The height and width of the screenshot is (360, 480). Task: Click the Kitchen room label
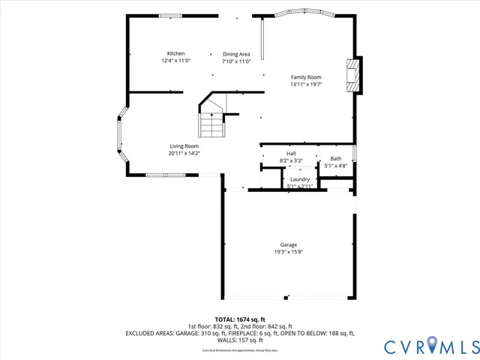[176, 53]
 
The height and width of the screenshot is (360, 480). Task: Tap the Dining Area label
[236, 54]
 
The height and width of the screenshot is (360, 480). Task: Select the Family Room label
[306, 77]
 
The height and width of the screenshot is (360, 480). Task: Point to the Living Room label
[184, 145]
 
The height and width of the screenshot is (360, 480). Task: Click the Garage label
[289, 244]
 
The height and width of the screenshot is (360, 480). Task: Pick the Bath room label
[335, 158]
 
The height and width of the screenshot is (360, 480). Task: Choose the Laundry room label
[299, 179]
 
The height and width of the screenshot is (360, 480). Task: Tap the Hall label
[291, 153]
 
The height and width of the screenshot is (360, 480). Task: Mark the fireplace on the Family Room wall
[352, 75]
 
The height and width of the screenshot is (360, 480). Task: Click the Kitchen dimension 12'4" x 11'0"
[176, 61]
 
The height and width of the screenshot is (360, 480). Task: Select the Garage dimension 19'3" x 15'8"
[289, 252]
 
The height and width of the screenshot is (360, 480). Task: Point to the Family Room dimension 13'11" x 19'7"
[306, 85]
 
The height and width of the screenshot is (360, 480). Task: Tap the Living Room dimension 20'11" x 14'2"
[184, 153]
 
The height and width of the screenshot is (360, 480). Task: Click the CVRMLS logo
[430, 346]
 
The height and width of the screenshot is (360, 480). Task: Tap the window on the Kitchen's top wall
[172, 16]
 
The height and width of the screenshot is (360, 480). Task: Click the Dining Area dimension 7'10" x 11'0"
[236, 61]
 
